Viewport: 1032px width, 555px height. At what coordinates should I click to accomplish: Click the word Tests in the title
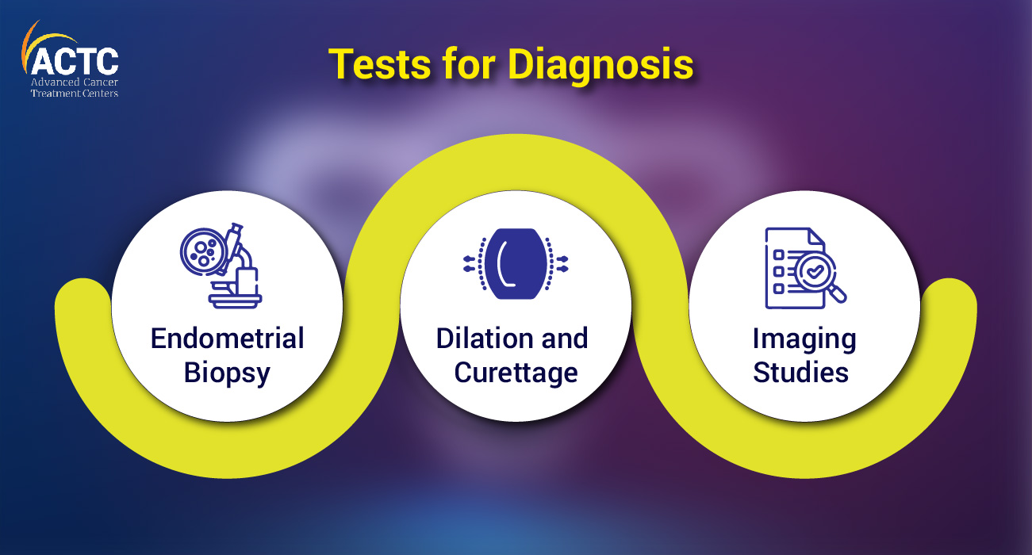coord(380,64)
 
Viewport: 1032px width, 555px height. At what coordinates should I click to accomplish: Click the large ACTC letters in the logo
coord(75,61)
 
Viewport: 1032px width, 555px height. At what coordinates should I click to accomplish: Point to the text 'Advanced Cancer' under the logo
coord(75,82)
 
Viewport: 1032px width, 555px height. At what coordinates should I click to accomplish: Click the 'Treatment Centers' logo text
coord(75,94)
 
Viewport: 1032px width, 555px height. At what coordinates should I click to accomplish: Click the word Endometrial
coord(227,339)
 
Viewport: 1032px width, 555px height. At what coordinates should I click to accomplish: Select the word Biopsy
coord(227,374)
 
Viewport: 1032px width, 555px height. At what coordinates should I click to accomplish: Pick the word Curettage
coord(516,374)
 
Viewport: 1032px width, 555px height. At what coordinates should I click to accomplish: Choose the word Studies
coord(800,372)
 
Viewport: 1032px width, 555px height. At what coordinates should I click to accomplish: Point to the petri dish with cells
coord(203,253)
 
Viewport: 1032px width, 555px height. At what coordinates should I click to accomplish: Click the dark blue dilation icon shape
coord(516,264)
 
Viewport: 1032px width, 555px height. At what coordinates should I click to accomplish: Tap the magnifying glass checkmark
coord(815,272)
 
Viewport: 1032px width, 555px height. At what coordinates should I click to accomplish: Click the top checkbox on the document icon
coord(779,255)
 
